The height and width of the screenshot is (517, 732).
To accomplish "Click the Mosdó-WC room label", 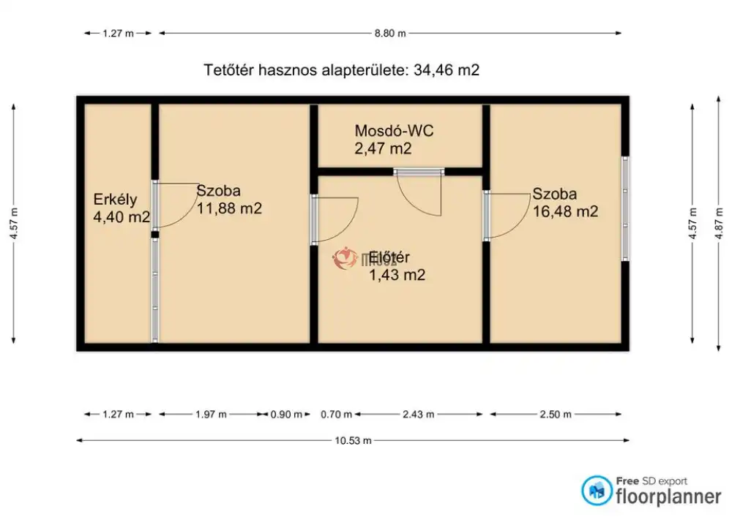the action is pos(394,131).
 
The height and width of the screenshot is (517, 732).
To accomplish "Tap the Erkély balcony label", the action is pos(115,200).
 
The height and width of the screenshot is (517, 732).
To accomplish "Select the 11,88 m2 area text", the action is pos(229,208).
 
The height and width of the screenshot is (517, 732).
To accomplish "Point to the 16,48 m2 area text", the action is pos(565,211).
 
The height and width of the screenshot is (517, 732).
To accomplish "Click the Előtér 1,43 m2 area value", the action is pos(397,275).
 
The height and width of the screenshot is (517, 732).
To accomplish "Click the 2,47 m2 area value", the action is pos(383,148).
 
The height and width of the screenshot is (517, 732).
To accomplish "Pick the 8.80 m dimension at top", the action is pos(390,33).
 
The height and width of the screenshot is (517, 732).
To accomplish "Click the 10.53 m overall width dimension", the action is pos(353,440).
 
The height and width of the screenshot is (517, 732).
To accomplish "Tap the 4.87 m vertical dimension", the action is pos(720,224).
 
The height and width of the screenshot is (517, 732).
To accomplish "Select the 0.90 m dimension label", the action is pos(286,415).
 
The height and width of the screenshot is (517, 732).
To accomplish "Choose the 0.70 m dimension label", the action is pos(336,415).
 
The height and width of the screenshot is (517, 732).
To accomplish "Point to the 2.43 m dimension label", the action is pos(418,415).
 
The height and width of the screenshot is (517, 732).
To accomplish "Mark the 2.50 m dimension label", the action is pos(556,415).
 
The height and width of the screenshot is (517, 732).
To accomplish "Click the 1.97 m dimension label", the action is pos(211,415).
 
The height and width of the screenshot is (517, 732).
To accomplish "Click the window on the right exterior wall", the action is pos(626,208).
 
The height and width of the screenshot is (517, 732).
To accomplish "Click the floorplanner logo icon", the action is pos(597,491).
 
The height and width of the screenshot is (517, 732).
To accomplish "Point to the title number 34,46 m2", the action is pos(447,70).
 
